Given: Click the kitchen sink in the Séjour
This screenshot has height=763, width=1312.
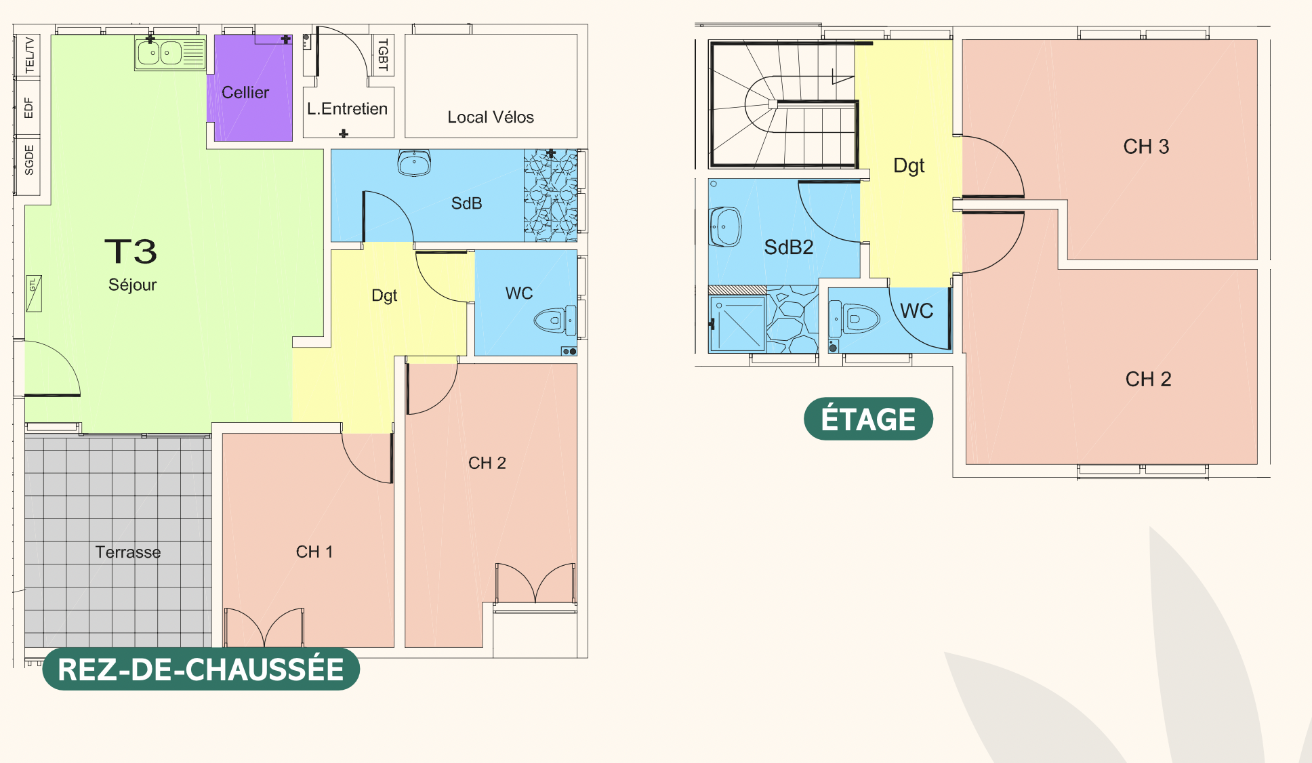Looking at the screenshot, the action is (169, 53).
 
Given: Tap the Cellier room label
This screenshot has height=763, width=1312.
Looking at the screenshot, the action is (245, 93).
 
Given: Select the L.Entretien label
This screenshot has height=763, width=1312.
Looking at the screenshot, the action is (347, 108).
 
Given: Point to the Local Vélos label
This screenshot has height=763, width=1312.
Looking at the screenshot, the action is (491, 117).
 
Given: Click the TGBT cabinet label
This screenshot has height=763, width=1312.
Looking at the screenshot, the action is (383, 55).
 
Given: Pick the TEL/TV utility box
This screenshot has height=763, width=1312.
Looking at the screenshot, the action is (28, 56).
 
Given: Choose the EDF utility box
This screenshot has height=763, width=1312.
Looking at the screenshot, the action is (28, 108).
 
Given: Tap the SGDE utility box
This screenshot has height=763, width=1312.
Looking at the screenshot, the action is (28, 160).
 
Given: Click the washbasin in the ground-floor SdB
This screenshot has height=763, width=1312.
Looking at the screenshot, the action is (414, 163).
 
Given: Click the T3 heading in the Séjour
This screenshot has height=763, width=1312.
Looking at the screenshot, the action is (131, 251).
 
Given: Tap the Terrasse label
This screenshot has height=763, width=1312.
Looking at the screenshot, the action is (128, 552).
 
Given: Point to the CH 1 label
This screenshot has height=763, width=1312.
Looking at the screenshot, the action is (314, 552).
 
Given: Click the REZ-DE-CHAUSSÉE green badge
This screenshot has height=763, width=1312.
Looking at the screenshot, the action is (201, 669).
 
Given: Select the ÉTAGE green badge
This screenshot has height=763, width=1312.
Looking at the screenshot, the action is (868, 419).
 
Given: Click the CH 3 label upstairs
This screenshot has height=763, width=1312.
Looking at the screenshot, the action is (1146, 146).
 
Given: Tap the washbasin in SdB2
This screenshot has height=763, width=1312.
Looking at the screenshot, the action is (725, 226).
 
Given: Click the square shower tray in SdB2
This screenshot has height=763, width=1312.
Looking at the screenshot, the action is (737, 324).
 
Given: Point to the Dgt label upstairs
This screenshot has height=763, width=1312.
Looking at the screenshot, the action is (909, 166).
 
